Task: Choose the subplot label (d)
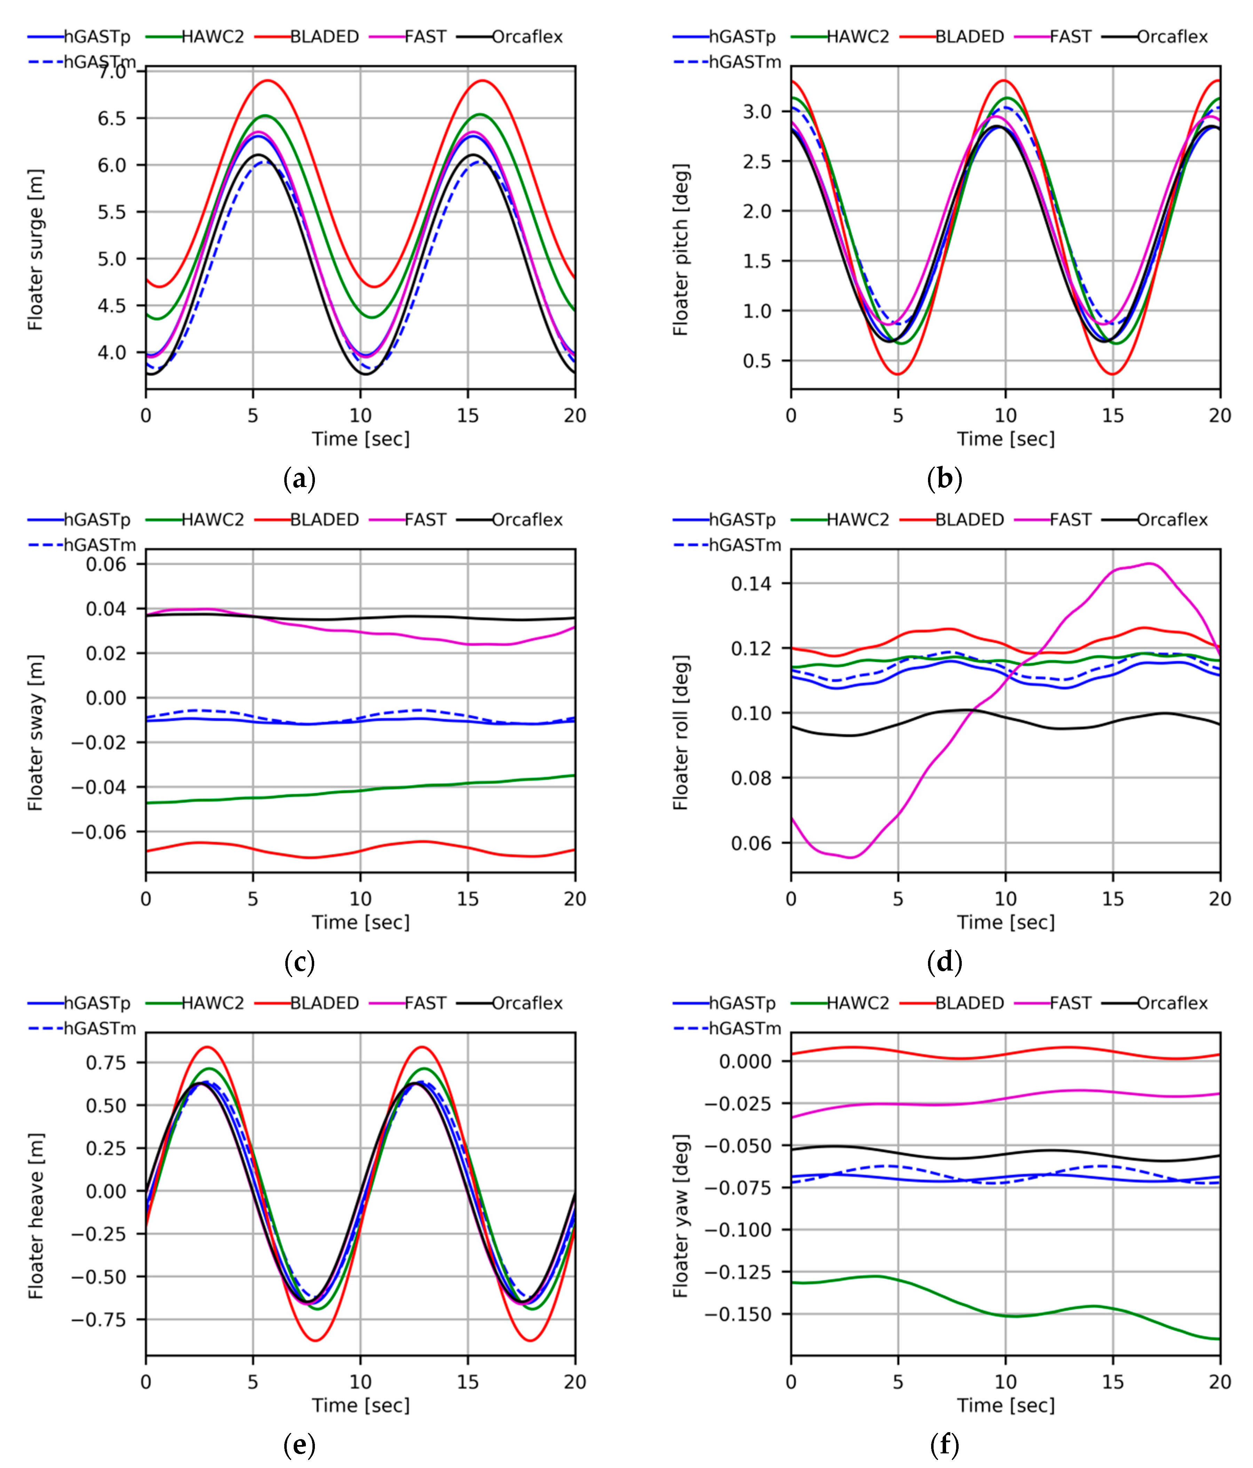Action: click(944, 962)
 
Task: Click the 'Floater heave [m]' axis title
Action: click(35, 1216)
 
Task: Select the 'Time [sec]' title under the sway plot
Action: click(360, 923)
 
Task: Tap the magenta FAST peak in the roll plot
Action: click(1149, 564)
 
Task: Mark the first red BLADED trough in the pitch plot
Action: click(898, 374)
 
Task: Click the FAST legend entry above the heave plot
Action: click(425, 1003)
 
